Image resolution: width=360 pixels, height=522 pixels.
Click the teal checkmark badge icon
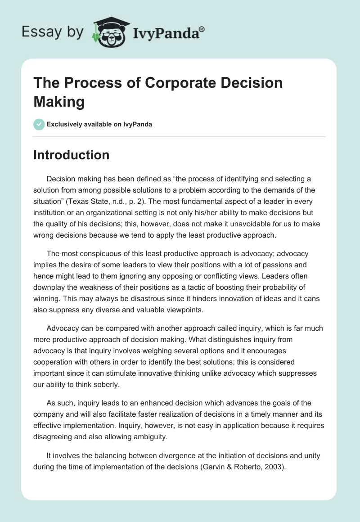pos(39,124)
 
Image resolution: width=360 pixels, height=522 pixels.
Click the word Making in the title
pos(59,102)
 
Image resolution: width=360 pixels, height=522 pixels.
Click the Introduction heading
pos(72,155)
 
